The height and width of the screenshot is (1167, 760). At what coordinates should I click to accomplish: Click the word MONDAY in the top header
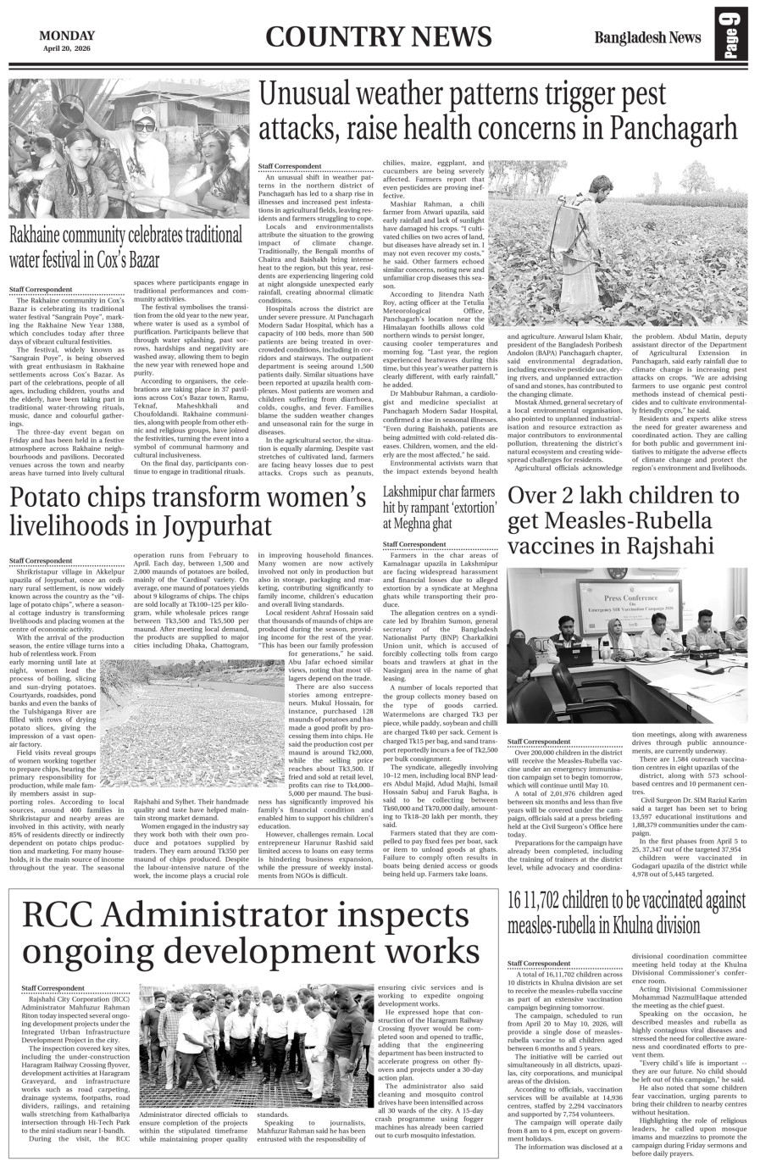click(x=68, y=36)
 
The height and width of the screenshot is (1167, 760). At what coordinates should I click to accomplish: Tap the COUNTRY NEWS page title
click(x=378, y=38)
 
